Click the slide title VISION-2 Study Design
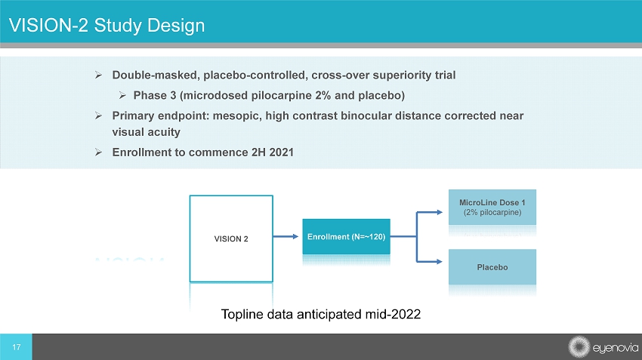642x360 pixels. [x=106, y=26]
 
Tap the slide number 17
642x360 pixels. [x=17, y=347]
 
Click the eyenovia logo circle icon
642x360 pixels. [x=579, y=347]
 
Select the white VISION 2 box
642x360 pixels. [x=231, y=239]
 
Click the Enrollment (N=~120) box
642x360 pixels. [x=347, y=236]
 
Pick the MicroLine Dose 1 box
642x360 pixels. [x=492, y=207]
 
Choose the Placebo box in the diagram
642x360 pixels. [x=492, y=266]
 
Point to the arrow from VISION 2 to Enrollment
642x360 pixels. [x=286, y=236]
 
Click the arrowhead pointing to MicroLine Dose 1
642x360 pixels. [x=440, y=212]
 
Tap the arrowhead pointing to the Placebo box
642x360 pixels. [x=440, y=261]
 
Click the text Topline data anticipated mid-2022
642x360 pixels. [x=321, y=314]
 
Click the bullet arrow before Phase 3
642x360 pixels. [x=122, y=95]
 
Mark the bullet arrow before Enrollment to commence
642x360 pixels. [x=98, y=152]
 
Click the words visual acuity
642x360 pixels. [x=147, y=132]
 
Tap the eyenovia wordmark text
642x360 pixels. [x=616, y=348]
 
